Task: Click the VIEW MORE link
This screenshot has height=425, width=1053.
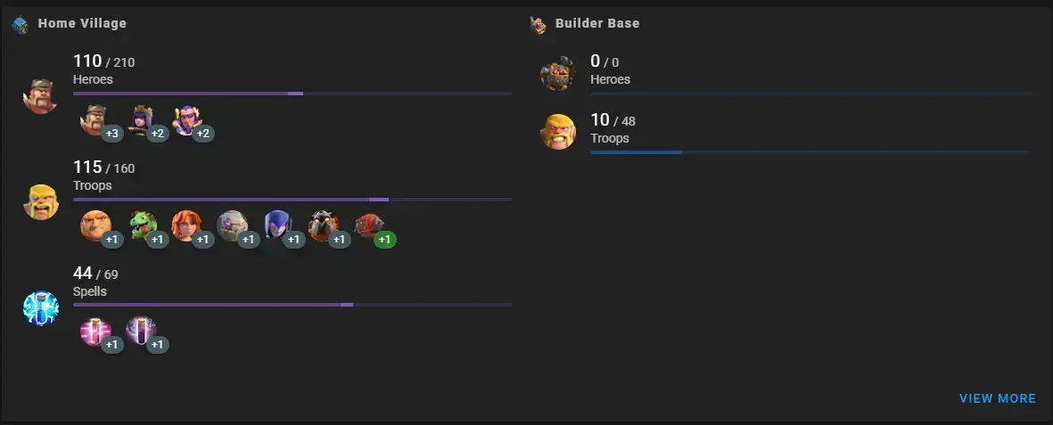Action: coord(997,399)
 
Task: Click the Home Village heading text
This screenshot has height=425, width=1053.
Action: coord(82,23)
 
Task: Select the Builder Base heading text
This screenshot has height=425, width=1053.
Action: coord(597,23)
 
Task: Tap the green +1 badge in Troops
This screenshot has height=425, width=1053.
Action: coord(385,240)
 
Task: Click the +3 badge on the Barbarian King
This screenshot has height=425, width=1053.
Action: coord(112,134)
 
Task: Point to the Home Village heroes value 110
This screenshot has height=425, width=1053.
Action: coord(87,61)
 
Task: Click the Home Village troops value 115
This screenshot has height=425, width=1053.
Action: coord(87,168)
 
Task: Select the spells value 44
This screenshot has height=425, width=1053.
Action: coord(83,273)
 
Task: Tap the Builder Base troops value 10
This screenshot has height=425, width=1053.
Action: coord(600,120)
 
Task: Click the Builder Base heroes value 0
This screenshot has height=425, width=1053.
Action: coord(595,61)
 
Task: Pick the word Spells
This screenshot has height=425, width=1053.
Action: coord(90,292)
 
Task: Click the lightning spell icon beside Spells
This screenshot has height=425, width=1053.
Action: coord(41,308)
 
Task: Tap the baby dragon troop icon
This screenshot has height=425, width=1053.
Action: coord(143,225)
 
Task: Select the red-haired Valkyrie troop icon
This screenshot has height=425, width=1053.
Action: coord(186,225)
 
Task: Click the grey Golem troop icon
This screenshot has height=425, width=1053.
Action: coord(233,225)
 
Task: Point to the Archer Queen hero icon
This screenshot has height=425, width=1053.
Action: coord(142,120)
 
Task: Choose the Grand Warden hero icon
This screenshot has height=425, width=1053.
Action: coord(187,120)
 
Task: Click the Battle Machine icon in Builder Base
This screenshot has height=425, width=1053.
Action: coord(558,73)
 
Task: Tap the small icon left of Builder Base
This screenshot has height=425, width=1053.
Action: coord(538,25)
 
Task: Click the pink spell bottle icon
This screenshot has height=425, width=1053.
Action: coord(95,331)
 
